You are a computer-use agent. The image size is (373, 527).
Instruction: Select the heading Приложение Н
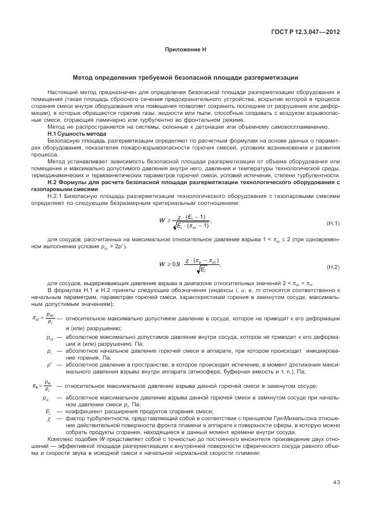[186, 51]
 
